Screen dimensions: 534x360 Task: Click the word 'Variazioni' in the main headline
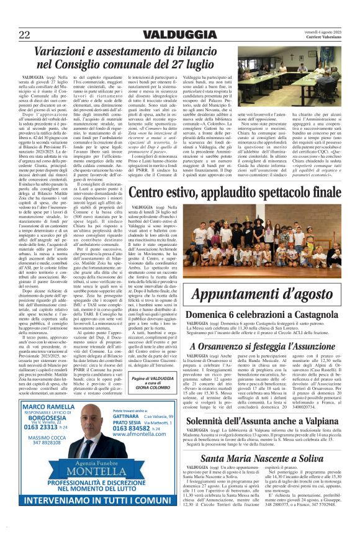pyautogui.click(x=70, y=52)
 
